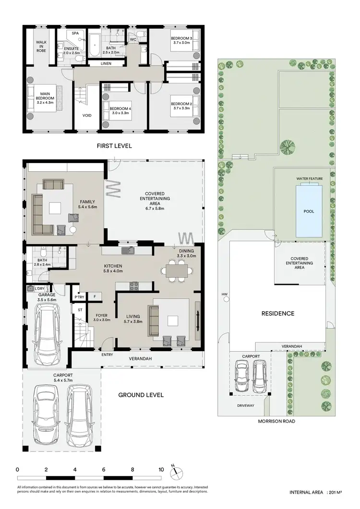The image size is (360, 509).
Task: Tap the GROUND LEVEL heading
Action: (x=141, y=395)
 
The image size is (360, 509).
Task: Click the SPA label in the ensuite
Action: (x=75, y=34)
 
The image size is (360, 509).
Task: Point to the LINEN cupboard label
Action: (x=107, y=63)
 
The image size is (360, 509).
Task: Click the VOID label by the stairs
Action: (x=87, y=115)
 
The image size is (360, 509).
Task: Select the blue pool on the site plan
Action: (x=309, y=211)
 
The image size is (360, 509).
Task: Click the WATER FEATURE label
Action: (x=309, y=178)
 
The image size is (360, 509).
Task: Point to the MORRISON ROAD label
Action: (x=276, y=421)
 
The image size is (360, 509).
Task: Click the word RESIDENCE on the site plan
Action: (x=277, y=313)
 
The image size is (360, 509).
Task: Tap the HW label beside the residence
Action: (x=224, y=294)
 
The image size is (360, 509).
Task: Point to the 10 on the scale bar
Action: (x=161, y=469)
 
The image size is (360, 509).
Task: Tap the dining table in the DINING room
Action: (x=176, y=271)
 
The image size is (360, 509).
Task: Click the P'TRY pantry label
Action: (x=78, y=296)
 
